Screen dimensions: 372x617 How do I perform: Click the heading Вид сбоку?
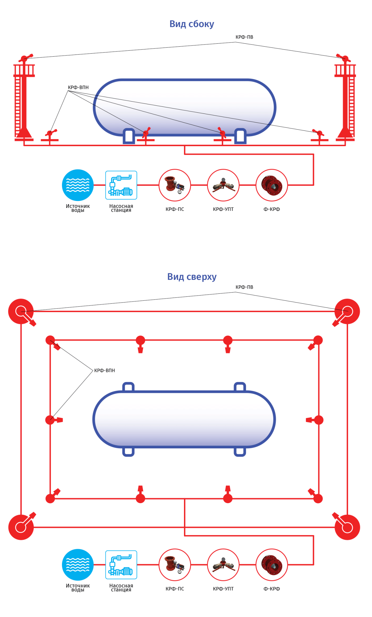pyautogui.click(x=192, y=24)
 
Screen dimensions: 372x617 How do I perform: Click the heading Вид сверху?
pyautogui.click(x=192, y=277)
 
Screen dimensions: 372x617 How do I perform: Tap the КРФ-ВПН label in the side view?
pyautogui.click(x=78, y=87)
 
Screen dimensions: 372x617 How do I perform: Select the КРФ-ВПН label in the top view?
pyautogui.click(x=105, y=370)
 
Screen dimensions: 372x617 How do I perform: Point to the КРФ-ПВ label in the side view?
pyautogui.click(x=244, y=37)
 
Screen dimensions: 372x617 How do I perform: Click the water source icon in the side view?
pyautogui.click(x=78, y=185)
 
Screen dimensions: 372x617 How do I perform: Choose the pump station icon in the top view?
pyautogui.click(x=121, y=565)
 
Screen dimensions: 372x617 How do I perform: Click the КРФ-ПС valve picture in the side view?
pyautogui.click(x=175, y=185)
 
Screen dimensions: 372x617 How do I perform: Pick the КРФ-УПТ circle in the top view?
pyautogui.click(x=223, y=565)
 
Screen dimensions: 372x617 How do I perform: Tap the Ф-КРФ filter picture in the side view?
pyautogui.click(x=272, y=185)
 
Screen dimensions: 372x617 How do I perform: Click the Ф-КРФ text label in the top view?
pyautogui.click(x=272, y=589)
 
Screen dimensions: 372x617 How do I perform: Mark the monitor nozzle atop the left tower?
pyautogui.click(x=25, y=58)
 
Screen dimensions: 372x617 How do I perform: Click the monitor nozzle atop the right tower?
pyautogui.click(x=344, y=58)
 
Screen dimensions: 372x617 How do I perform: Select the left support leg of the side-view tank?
pyautogui.click(x=129, y=136)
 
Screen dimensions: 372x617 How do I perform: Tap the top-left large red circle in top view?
pyautogui.click(x=21, y=312)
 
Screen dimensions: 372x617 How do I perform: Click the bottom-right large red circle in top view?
pyautogui.click(x=347, y=527)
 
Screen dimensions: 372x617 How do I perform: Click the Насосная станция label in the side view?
pyautogui.click(x=121, y=208)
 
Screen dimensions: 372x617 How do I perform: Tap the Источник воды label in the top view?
pyautogui.click(x=78, y=587)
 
